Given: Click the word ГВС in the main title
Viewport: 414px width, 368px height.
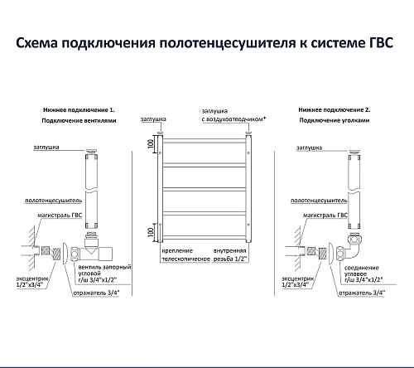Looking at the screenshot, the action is [381, 43].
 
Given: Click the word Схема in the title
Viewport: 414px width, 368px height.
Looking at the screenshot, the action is [36, 43].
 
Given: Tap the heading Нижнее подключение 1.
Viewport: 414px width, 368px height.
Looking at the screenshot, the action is [79, 110].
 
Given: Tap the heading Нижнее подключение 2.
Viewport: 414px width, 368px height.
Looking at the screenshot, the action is [335, 109].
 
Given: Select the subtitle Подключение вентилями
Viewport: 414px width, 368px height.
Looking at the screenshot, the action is [79, 120].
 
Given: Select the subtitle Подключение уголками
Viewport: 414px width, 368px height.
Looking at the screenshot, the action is [335, 120].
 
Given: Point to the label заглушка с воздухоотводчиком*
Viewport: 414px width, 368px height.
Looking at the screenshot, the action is [233, 115].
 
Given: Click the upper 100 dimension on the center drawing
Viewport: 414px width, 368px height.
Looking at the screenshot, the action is [151, 143].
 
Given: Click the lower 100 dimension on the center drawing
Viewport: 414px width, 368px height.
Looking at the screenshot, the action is [151, 231].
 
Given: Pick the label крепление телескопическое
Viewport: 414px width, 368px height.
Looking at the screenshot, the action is [185, 255].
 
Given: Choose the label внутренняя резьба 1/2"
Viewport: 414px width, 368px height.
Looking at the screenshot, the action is [230, 255].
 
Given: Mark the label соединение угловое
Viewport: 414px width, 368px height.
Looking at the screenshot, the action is [362, 271].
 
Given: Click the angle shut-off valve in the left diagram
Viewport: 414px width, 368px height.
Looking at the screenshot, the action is [91, 248].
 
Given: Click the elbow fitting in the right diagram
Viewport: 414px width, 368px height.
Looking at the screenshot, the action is [350, 247].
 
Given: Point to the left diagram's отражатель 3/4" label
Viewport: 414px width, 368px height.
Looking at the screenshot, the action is [96, 293].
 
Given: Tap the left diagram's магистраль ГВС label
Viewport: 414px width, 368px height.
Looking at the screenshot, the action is [60, 215].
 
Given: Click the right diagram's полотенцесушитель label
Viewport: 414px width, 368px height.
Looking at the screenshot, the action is [319, 201].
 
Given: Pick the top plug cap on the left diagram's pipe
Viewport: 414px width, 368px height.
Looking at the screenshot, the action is [91, 151].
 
